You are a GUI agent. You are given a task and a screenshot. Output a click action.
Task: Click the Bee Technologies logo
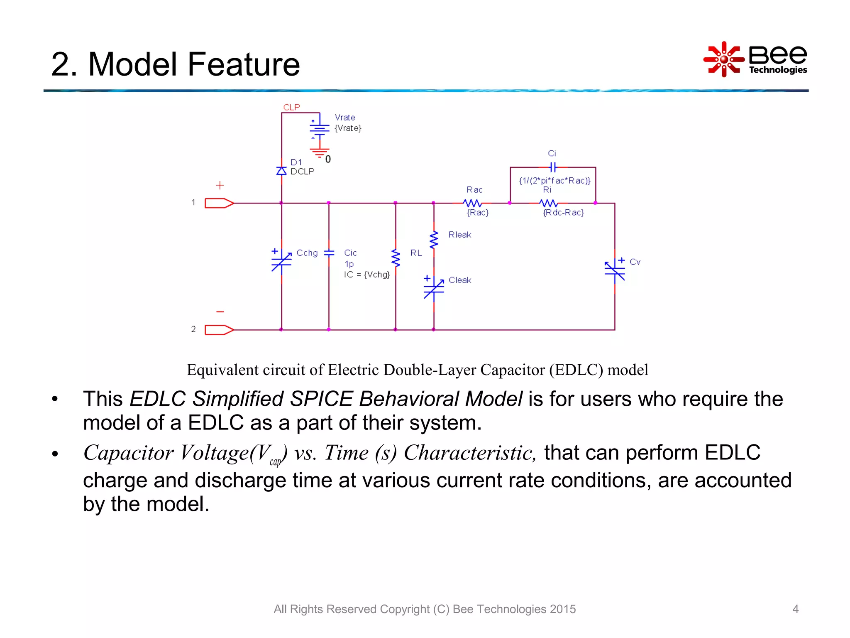tap(755, 59)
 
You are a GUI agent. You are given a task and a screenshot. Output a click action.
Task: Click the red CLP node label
tap(291, 107)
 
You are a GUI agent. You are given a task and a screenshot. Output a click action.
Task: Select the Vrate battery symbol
tap(319, 129)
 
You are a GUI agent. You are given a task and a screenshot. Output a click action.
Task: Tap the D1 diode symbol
tap(281, 171)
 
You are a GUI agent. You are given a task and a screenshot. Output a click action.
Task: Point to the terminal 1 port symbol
tap(219, 203)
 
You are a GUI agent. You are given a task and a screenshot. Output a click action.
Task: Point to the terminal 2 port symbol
tap(219, 330)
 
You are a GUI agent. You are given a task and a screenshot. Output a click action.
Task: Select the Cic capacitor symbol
tap(329, 253)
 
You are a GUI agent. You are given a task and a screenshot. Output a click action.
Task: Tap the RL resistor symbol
tap(396, 258)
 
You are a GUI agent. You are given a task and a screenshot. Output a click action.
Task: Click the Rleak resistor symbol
tap(434, 240)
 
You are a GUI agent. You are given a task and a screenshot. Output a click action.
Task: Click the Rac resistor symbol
tap(472, 203)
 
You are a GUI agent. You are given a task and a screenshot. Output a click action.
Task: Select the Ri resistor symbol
tap(549, 203)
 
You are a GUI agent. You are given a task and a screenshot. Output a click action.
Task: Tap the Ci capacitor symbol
tap(552, 167)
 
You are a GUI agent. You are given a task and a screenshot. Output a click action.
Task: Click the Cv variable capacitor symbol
tap(615, 270)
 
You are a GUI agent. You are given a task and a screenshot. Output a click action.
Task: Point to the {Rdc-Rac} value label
tap(563, 213)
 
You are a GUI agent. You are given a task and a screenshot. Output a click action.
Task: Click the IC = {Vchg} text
tap(367, 275)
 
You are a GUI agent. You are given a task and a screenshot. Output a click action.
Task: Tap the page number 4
tap(795, 609)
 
